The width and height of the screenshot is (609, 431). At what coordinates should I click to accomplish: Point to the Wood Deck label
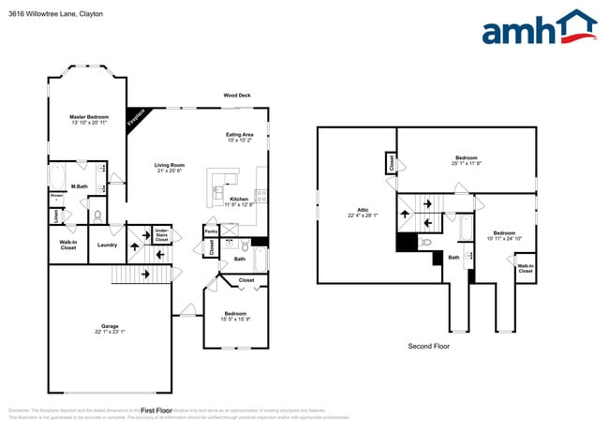click(236, 96)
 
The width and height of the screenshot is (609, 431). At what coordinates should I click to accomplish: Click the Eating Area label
click(239, 134)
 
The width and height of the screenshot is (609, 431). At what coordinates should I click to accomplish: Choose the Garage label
click(110, 327)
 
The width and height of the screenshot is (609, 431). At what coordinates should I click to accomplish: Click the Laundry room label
click(107, 245)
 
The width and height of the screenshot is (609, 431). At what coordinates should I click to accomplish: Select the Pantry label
click(211, 230)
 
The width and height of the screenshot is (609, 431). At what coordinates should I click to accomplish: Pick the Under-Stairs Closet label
click(162, 234)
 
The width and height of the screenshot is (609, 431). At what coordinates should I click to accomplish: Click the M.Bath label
click(80, 186)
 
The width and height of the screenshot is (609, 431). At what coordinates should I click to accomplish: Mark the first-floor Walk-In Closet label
click(67, 245)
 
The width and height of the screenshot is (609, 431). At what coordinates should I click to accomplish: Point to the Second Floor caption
click(428, 347)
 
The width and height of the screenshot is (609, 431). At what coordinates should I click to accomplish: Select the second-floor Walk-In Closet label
click(525, 268)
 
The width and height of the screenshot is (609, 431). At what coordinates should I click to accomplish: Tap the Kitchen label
click(239, 199)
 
